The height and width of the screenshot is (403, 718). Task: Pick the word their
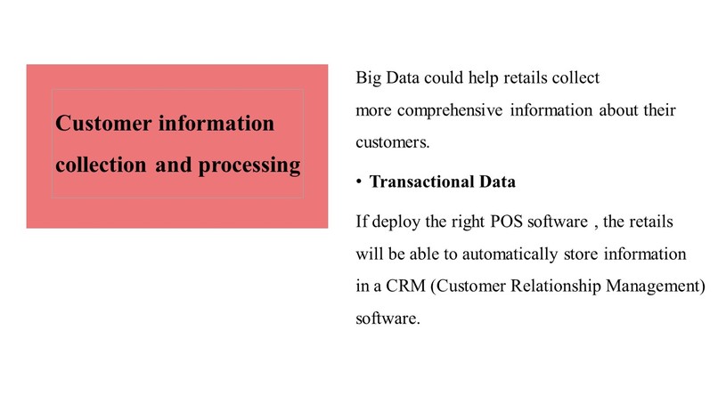click(660, 111)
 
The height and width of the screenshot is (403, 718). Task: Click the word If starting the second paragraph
click(361, 221)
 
